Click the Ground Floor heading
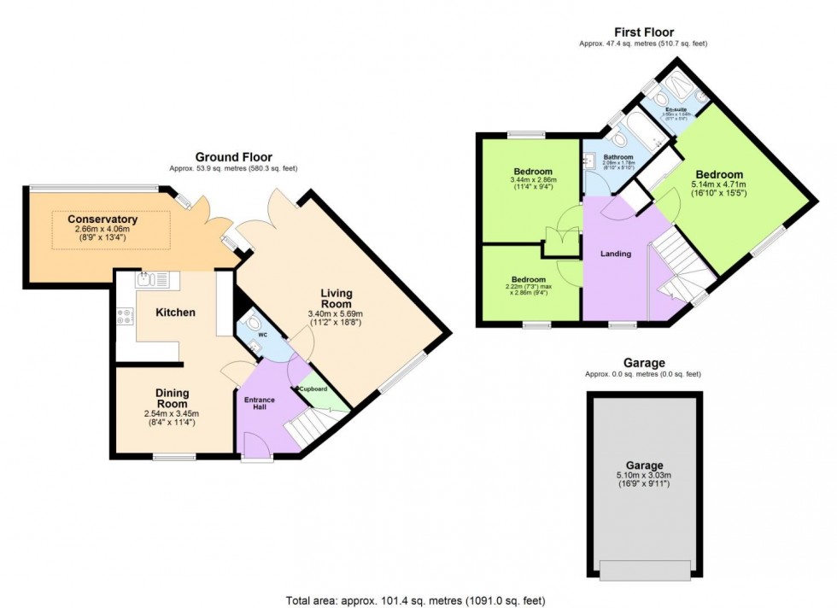point(233,157)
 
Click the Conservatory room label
point(105,219)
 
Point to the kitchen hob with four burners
point(125,317)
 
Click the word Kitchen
point(175,313)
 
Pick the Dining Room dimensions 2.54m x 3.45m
point(172,415)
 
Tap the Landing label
point(615,254)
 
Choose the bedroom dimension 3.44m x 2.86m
point(533,180)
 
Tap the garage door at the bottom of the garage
point(645,570)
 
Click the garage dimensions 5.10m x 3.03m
point(643,476)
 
